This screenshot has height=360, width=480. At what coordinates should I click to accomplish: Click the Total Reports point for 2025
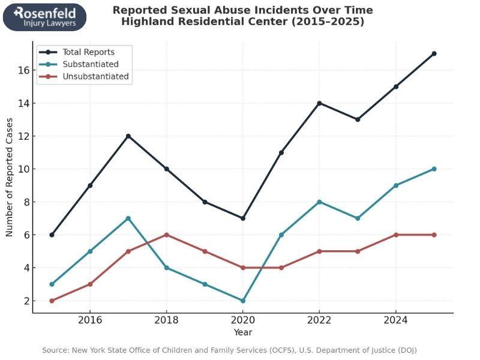tap(434, 53)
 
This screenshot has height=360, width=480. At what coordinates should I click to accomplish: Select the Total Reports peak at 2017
tap(128, 136)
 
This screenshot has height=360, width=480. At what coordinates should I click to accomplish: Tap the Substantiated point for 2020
tap(242, 301)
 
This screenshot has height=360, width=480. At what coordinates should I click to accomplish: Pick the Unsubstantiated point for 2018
tap(166, 235)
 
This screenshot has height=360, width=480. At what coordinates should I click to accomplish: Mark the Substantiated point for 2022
tap(319, 202)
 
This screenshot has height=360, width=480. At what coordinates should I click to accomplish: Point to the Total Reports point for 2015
tap(52, 235)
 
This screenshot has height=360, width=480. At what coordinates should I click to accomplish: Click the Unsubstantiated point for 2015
tap(52, 301)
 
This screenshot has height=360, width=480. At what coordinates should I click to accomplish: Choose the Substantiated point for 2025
tap(434, 169)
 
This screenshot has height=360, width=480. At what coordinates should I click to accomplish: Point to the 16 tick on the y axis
tap(24, 70)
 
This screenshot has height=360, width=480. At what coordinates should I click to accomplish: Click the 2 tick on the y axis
tap(26, 301)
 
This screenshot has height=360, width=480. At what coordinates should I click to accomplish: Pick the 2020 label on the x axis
tap(242, 320)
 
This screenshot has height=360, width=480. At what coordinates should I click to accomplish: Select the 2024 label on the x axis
tap(395, 320)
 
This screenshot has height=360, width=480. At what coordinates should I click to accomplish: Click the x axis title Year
tap(242, 332)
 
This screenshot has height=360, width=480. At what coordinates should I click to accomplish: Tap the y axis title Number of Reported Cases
tap(10, 185)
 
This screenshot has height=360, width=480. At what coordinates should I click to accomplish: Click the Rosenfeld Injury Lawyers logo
tap(44, 17)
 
